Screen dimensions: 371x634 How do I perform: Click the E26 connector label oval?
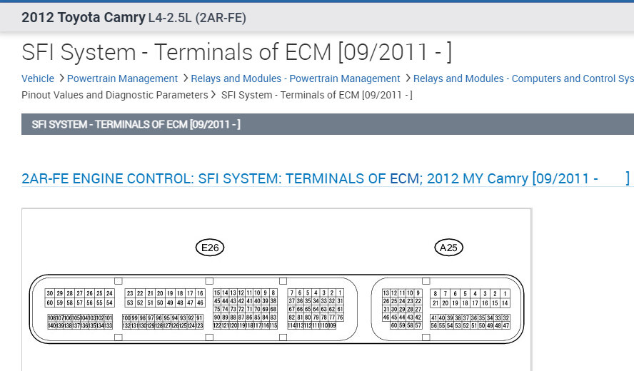point(210,248)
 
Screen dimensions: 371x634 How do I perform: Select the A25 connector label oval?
point(449,248)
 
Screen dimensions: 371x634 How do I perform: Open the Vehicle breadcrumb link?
point(38,78)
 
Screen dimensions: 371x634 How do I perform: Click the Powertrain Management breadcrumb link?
point(122,78)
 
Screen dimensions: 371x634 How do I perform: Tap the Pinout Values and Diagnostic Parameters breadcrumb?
point(115,95)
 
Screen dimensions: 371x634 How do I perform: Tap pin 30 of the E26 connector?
point(50,293)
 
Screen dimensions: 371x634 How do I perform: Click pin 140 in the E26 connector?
point(51,325)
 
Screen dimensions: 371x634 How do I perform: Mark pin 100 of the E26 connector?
point(126,317)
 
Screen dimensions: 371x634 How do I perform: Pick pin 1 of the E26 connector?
point(340,293)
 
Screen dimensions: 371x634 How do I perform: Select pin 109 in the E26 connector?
point(332,325)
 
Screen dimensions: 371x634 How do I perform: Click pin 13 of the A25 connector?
point(386,293)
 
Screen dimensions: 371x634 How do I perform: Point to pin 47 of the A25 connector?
point(505,325)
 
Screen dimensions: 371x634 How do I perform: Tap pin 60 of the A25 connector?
point(394,325)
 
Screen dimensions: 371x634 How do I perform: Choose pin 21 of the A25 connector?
point(436,303)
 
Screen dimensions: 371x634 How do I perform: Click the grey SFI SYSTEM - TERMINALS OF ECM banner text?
point(136,125)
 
